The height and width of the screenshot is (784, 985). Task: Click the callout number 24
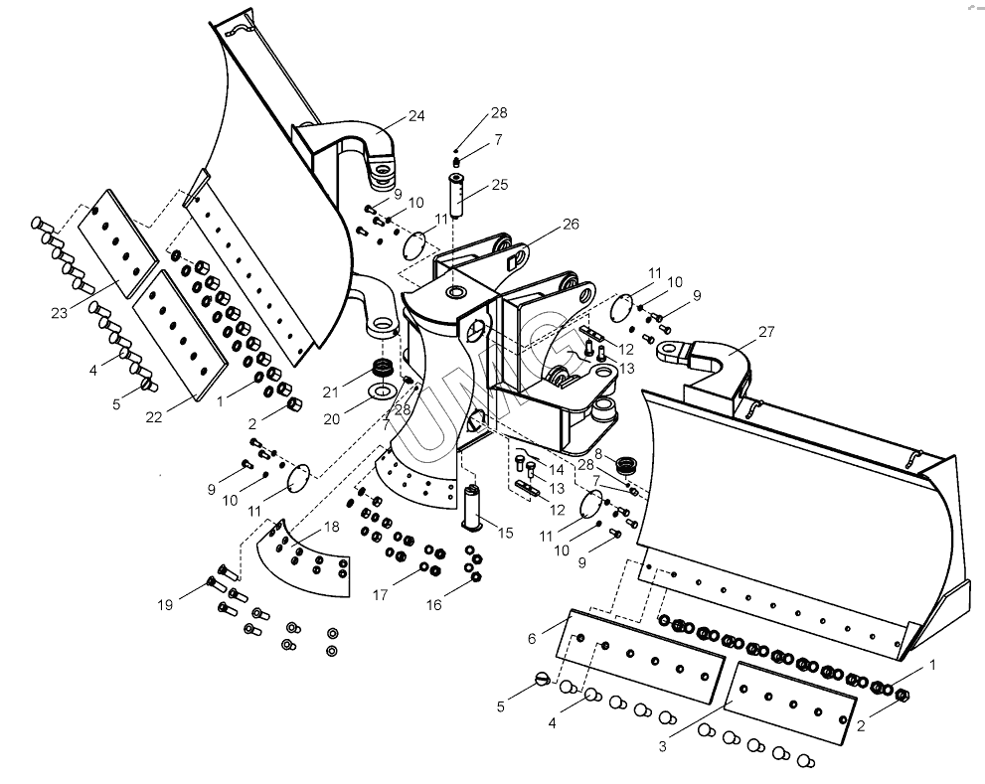click(x=415, y=115)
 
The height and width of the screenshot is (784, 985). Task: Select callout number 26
click(x=569, y=224)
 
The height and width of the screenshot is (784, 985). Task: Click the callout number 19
click(x=164, y=602)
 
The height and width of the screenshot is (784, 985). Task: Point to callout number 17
click(x=380, y=595)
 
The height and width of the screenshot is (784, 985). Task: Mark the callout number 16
click(x=434, y=603)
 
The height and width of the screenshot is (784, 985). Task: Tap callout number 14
click(x=556, y=467)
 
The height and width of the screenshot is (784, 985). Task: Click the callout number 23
click(x=59, y=314)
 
